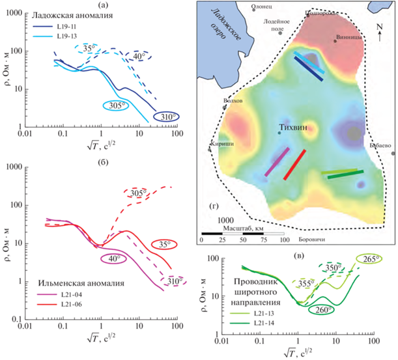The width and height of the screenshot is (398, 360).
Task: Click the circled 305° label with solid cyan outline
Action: (x=115, y=104)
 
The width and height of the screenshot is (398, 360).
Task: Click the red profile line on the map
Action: (x=295, y=164)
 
